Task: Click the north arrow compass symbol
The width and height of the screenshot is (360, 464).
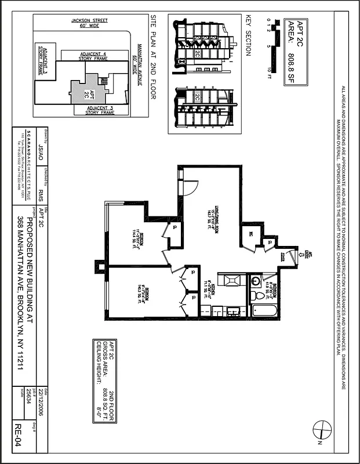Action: click(321, 430)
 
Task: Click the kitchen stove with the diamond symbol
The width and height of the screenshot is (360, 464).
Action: click(230, 281)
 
